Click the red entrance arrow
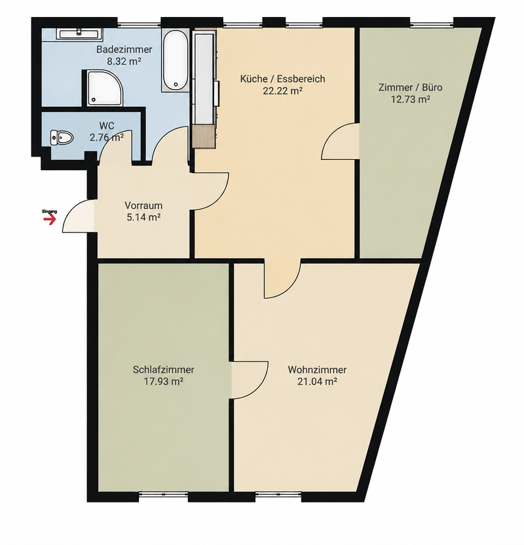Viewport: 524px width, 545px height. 49,219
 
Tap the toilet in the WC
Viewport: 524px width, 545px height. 62,138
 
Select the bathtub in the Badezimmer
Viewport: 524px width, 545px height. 176,60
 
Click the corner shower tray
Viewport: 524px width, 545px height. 105,88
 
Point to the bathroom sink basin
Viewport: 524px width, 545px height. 79,33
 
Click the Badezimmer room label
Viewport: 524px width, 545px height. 124,49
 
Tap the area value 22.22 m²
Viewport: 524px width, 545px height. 282,90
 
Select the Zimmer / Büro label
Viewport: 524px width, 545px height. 411,87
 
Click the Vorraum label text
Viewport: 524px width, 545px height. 143,206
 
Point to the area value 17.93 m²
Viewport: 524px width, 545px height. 164,381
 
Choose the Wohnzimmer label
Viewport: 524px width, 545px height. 317,369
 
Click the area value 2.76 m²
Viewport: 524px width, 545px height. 107,138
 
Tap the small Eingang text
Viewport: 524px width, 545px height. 49,212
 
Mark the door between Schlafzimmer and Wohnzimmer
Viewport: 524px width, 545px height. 250,380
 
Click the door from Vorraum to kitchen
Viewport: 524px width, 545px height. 210,191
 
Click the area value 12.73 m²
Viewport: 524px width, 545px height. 411,100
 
